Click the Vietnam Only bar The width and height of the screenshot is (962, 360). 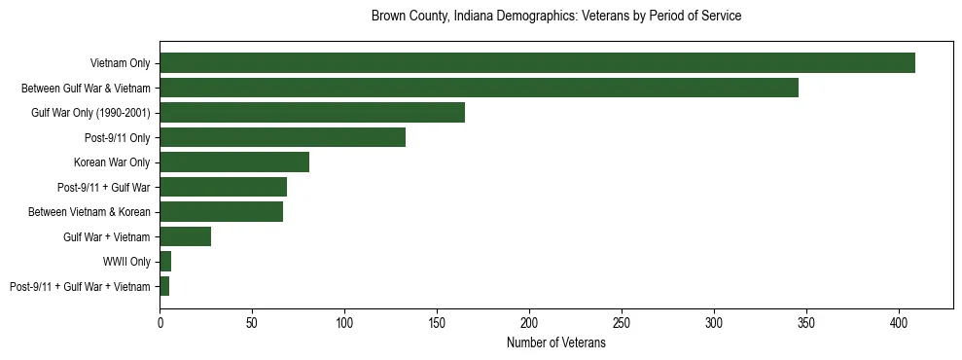537,62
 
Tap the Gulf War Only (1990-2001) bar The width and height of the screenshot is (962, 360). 312,112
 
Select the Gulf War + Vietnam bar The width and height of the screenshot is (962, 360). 185,236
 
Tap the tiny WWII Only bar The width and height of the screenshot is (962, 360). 165,261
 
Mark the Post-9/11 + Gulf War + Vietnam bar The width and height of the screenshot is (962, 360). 164,286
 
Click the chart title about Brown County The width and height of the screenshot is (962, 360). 556,17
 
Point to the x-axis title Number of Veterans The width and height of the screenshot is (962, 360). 556,343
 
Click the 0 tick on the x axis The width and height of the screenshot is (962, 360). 160,321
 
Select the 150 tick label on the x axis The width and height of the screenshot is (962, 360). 437,321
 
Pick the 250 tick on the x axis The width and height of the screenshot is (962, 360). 622,321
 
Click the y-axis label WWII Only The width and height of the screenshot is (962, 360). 126,262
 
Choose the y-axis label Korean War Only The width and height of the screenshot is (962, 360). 112,162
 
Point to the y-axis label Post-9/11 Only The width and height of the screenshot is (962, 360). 117,138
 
